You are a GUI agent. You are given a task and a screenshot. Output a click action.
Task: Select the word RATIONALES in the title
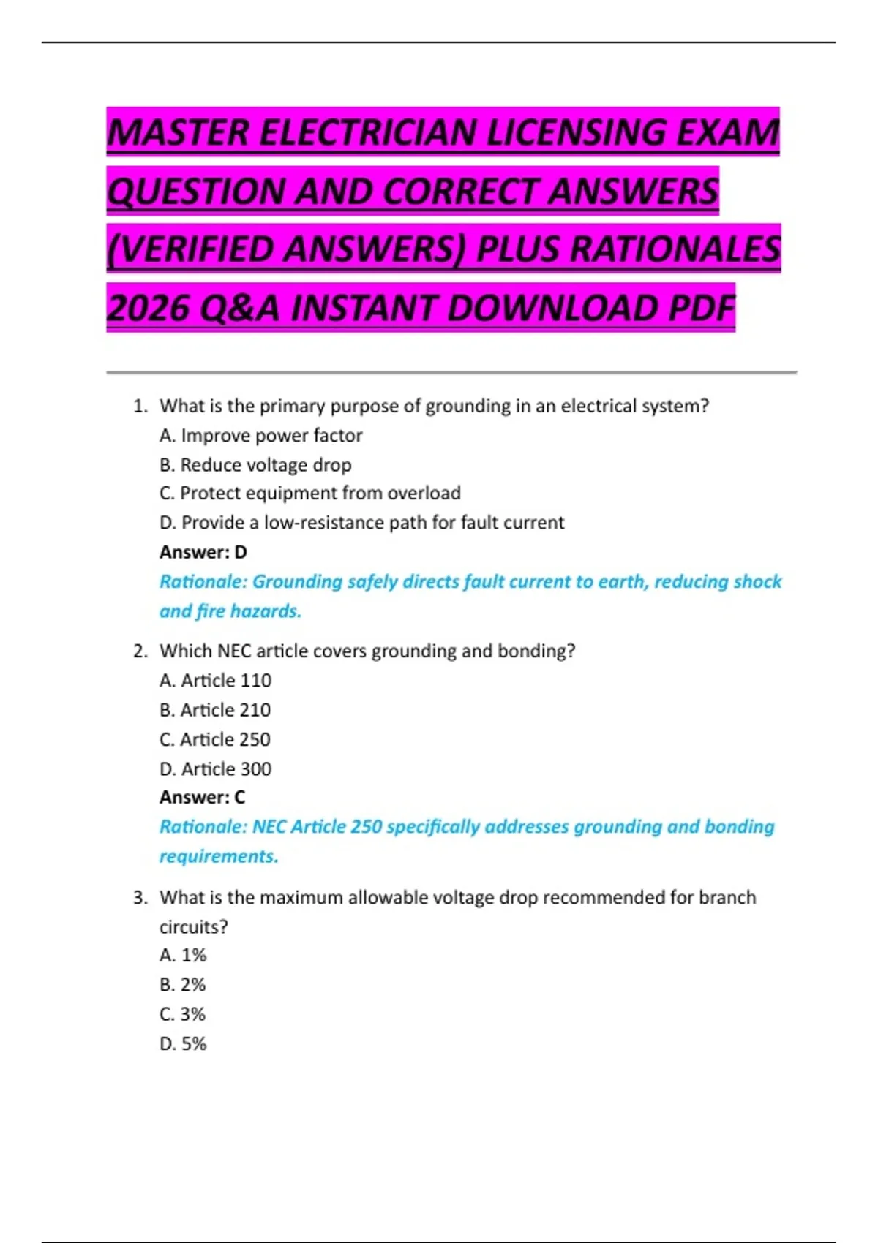[675, 249]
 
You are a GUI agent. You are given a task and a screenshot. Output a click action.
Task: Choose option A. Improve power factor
[260, 436]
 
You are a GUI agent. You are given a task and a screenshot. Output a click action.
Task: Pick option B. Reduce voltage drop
[255, 465]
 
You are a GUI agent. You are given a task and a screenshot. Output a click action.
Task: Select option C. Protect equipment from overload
[309, 494]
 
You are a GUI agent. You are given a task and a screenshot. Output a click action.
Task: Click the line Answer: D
[203, 552]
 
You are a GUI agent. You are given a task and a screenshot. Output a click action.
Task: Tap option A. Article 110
[215, 681]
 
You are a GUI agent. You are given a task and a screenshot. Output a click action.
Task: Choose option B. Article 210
[215, 710]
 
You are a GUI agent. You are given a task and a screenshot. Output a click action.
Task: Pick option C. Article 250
[215, 740]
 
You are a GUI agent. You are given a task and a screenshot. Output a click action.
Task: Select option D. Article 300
[215, 769]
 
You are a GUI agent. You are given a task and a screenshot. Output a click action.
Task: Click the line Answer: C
[203, 797]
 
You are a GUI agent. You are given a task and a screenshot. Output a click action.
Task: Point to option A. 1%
[183, 956]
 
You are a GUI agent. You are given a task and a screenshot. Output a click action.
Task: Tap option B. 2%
[183, 985]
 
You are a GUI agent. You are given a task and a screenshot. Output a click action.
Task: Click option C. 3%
[183, 1014]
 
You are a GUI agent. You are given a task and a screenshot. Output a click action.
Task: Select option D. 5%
[183, 1044]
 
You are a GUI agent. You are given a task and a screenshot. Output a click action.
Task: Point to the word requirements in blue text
[219, 856]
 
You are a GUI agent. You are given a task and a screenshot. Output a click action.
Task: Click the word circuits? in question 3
[194, 927]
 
